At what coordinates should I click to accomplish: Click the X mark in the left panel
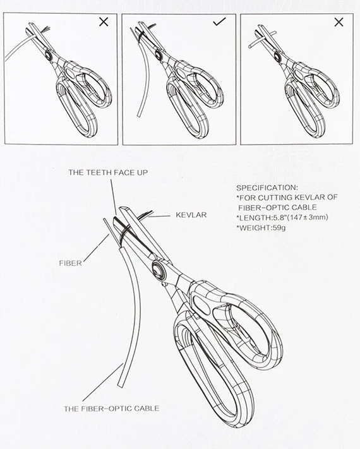coord(104,21)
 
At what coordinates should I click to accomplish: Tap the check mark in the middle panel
coord(220,21)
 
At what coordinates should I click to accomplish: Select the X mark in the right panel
coord(339,22)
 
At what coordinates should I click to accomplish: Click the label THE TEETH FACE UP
coord(108,172)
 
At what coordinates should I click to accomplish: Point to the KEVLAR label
coord(191,215)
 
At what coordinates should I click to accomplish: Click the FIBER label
coord(71,263)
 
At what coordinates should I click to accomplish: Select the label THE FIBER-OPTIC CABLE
coord(111,409)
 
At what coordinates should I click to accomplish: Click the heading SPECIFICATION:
coord(267,188)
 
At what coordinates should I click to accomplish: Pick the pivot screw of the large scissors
coord(158,270)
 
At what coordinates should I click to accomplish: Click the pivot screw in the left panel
coord(49,55)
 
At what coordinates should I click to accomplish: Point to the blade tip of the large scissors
coord(123,207)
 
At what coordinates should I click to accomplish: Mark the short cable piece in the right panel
coord(262,39)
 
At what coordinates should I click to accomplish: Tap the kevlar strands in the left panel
coord(46,30)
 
